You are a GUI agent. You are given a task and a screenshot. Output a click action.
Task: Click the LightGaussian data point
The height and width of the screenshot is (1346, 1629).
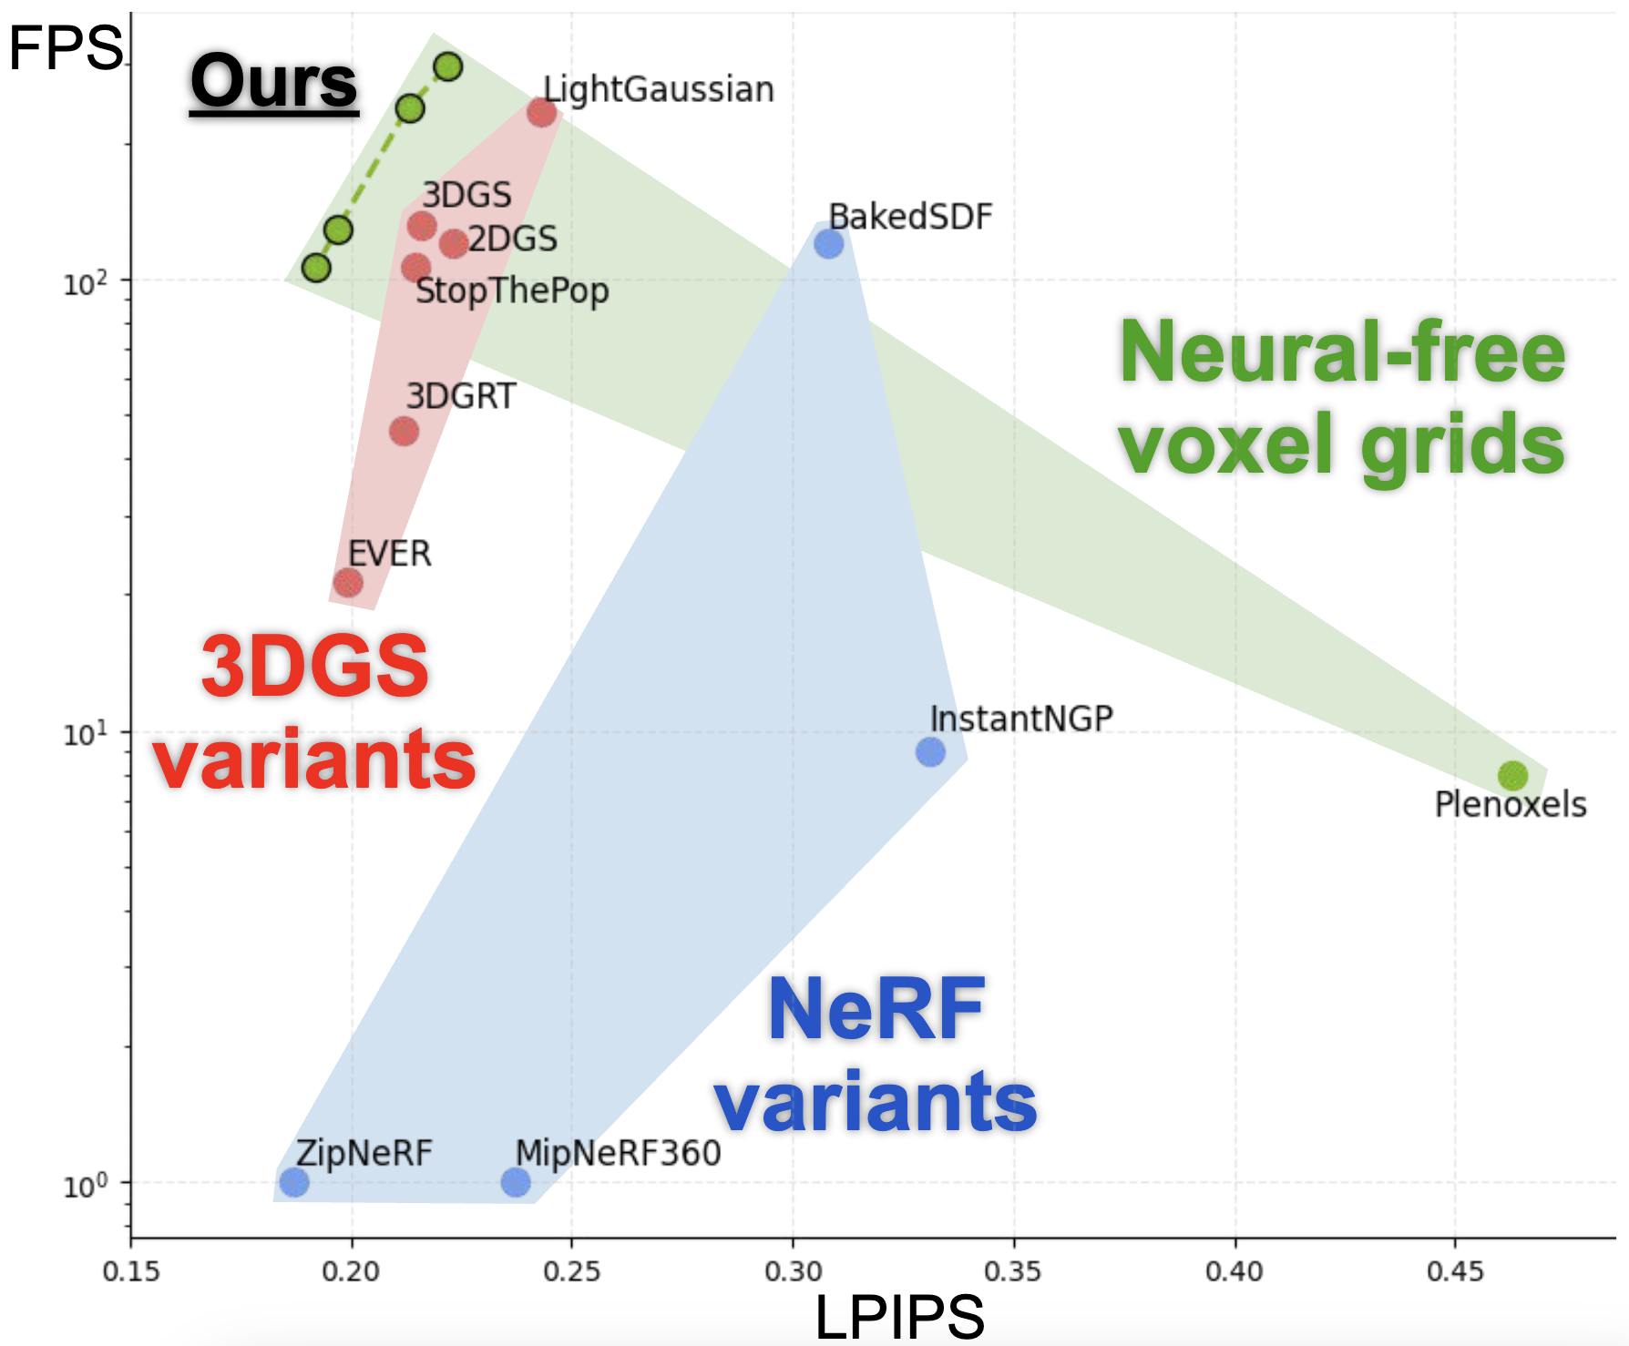(542, 112)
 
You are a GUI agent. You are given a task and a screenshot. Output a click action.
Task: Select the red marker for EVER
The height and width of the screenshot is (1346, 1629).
(348, 582)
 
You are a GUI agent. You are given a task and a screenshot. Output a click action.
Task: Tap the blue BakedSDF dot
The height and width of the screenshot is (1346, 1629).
(828, 243)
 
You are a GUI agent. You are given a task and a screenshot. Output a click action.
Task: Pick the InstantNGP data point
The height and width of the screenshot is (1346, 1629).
(930, 751)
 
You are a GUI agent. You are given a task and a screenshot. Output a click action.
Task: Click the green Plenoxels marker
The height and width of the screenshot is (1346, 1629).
(1512, 776)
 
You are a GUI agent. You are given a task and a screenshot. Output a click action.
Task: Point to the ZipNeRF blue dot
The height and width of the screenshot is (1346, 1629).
(293, 1182)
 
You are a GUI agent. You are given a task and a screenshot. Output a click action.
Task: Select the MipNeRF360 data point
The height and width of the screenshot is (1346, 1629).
(516, 1182)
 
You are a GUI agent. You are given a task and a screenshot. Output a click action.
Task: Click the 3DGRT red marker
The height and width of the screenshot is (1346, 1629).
(404, 431)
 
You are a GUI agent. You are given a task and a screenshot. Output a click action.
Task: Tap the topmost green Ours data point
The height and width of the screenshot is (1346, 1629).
(448, 66)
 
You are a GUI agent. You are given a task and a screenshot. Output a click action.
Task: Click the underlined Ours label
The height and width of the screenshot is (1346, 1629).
(274, 82)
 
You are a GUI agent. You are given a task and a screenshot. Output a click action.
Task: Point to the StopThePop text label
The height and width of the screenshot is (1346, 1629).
(512, 291)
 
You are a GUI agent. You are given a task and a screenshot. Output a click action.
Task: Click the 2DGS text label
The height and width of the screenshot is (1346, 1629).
(513, 239)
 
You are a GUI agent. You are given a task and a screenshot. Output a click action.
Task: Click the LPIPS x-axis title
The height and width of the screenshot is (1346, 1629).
(899, 1317)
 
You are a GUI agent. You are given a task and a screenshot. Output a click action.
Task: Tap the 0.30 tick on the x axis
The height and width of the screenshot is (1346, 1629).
(793, 1271)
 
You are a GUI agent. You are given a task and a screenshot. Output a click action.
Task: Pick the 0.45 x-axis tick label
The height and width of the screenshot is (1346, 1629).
(1455, 1271)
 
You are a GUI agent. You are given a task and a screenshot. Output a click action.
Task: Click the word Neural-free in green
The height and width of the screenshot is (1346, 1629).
(1342, 353)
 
